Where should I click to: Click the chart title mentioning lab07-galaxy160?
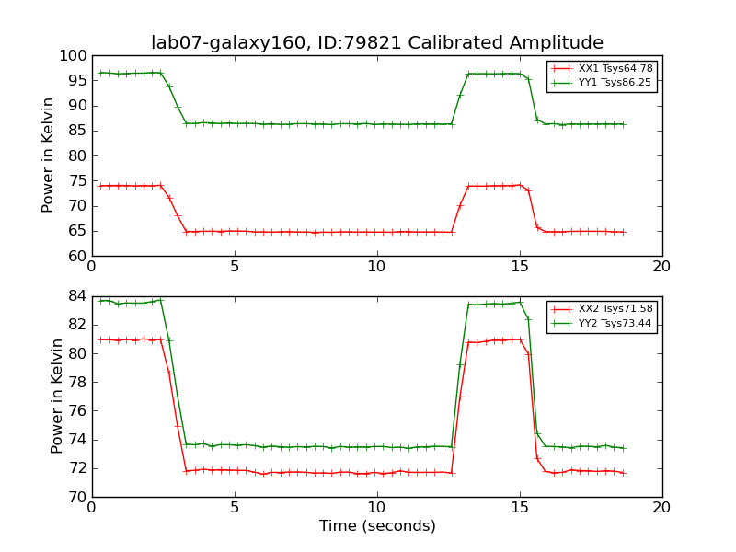(x=377, y=43)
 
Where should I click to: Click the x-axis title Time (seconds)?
(x=377, y=526)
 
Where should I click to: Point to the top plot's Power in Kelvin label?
(x=49, y=155)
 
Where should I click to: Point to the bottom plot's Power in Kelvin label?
(x=57, y=396)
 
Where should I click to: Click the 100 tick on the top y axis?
(x=72, y=56)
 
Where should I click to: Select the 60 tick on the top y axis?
(x=75, y=256)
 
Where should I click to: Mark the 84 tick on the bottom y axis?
(x=75, y=296)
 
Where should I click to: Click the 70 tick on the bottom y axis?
(x=75, y=497)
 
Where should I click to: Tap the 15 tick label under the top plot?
(x=520, y=267)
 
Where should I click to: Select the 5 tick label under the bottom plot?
(x=235, y=508)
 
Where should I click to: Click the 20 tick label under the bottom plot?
(x=661, y=508)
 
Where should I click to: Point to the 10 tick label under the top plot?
(x=377, y=267)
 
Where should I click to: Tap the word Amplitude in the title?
(x=558, y=43)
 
